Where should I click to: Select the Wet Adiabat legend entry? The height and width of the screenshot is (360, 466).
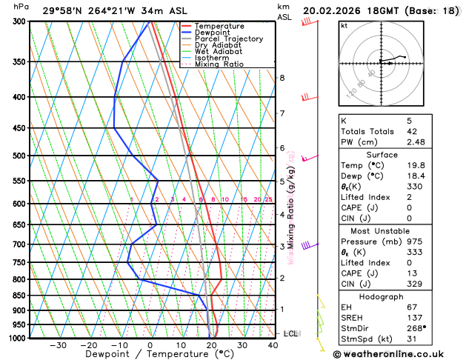pos(216,51)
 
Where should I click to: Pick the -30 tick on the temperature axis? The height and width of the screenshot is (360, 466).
pos(58,345)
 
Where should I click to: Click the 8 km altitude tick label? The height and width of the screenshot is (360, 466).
pos(282,78)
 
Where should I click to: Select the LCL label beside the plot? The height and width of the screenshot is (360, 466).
pos(290,333)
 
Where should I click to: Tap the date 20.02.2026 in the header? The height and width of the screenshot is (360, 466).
pos(332,10)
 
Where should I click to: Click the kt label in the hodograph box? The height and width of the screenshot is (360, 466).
pos(344,25)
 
